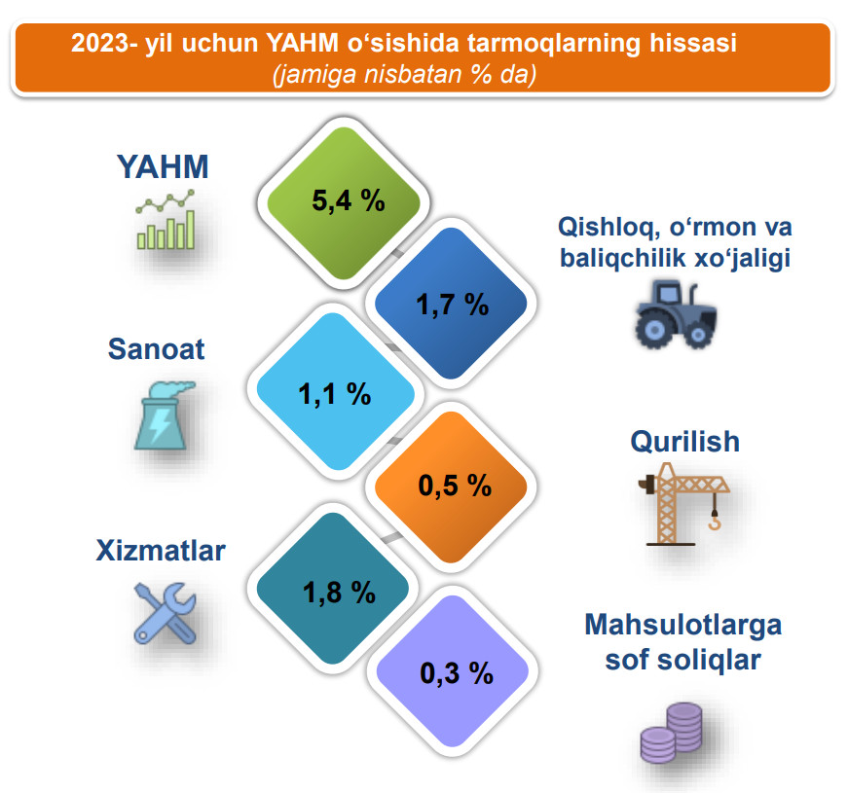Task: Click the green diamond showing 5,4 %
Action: coord(344,203)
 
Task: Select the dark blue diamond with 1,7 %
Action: coord(451,304)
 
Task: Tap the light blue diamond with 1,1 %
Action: coord(335,392)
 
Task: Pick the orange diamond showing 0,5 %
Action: coord(451,487)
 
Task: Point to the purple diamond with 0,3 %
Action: coord(452,671)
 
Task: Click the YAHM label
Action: coord(163,166)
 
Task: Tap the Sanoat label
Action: coord(157,348)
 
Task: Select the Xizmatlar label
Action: coord(161,551)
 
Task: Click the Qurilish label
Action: coord(685,442)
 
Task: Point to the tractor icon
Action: coord(676,314)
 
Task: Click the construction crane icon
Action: coord(684,504)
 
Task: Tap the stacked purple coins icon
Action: coord(671,733)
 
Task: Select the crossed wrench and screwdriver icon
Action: coord(165,614)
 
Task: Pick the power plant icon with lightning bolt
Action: coord(164,415)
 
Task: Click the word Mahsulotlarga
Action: coord(683,626)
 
